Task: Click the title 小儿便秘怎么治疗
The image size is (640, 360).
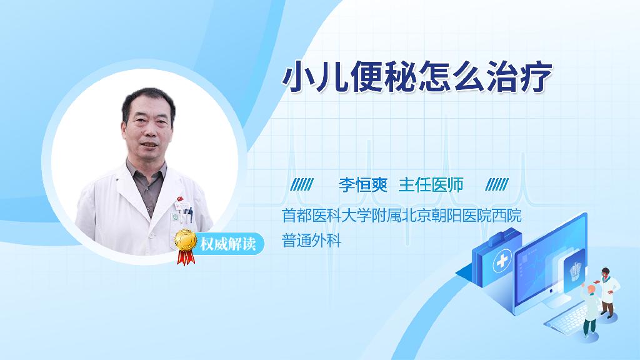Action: click(x=417, y=77)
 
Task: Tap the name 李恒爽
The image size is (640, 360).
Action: click(x=363, y=185)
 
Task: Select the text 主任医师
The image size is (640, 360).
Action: click(x=431, y=185)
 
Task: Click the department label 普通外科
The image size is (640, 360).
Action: click(x=311, y=241)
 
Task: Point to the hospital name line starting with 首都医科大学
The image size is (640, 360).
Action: click(x=402, y=216)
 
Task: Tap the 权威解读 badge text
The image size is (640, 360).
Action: click(x=227, y=244)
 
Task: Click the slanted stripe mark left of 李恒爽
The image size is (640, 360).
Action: click(x=302, y=184)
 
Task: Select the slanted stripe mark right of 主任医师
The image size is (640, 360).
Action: click(x=497, y=184)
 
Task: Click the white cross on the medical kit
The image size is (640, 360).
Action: click(x=502, y=261)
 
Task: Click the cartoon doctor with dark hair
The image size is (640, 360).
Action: click(x=607, y=292)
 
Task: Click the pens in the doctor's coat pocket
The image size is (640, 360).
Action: click(x=188, y=214)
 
